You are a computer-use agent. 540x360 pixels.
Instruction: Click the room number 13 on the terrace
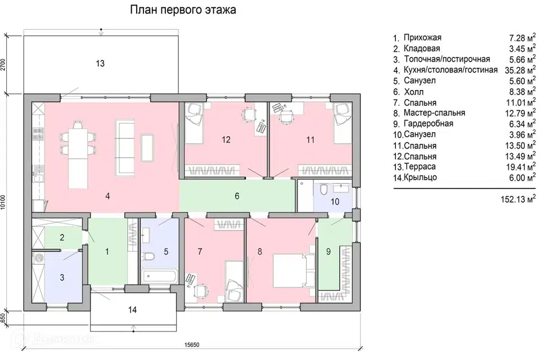[100, 64]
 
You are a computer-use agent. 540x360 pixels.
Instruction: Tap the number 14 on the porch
[132, 310]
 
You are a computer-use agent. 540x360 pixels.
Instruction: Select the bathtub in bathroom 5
[159, 276]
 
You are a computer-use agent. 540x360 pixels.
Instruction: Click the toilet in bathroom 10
[324, 190]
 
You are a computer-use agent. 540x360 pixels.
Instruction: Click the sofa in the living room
[124, 148]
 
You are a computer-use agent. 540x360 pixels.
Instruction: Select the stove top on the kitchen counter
[38, 134]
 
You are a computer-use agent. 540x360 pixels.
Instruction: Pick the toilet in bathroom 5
[149, 256]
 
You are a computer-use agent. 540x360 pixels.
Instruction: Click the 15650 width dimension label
[192, 345]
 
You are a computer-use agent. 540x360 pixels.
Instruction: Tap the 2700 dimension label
[3, 65]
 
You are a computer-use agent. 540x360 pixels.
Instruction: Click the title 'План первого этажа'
[183, 10]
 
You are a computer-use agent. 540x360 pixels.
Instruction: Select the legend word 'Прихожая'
[422, 38]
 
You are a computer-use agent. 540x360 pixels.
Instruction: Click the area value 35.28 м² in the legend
[520, 70]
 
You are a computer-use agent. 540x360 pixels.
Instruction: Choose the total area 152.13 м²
[518, 199]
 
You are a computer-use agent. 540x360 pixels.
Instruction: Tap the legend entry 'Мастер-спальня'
[434, 113]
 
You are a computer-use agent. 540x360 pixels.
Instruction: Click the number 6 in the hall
[237, 196]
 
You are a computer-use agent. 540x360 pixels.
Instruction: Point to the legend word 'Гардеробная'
[429, 124]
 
